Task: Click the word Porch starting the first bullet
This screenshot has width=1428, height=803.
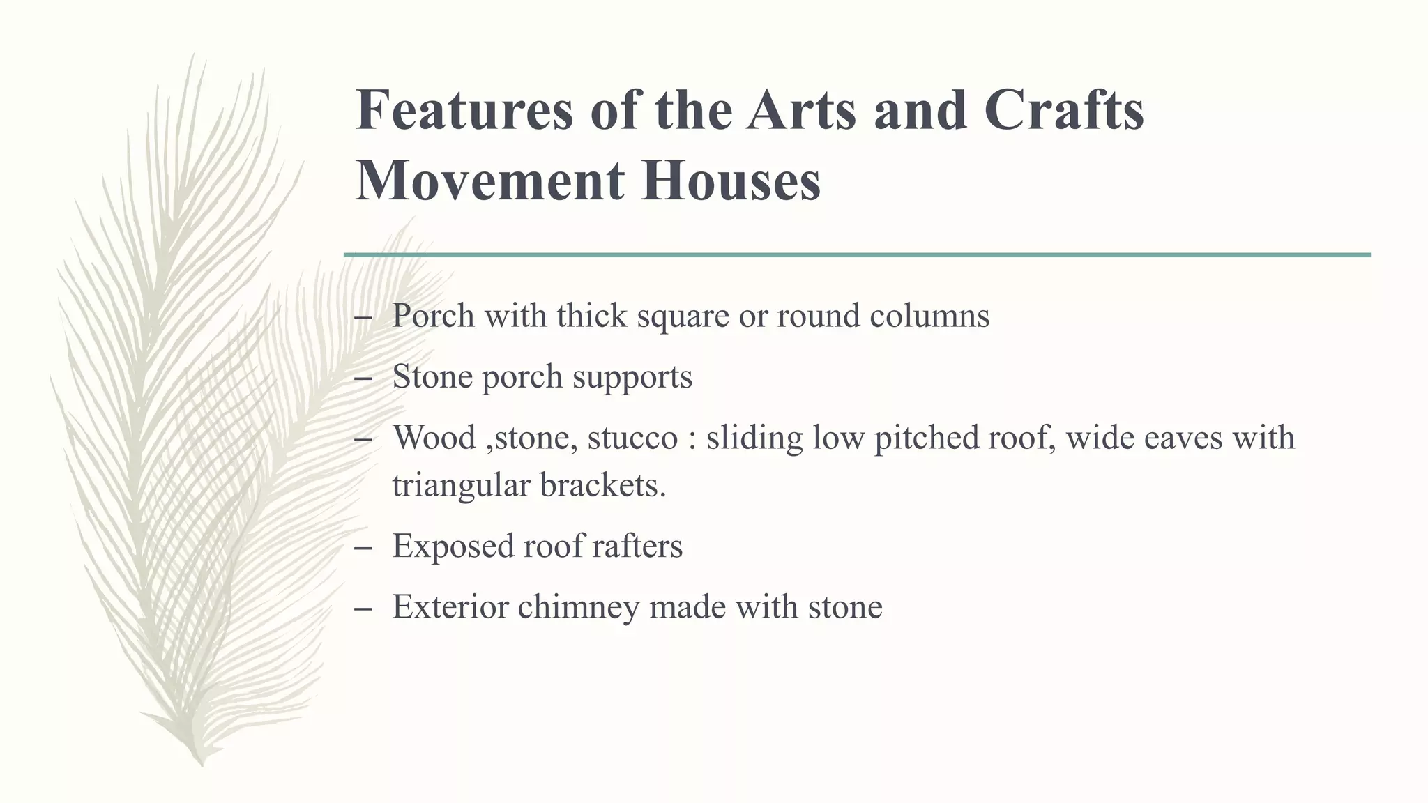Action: (x=433, y=316)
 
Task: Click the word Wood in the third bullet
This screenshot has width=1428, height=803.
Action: (x=434, y=438)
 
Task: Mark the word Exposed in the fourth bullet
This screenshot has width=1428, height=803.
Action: (x=453, y=546)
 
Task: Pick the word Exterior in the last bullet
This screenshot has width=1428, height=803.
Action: (x=450, y=606)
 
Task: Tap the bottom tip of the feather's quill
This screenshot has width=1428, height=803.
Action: (x=202, y=765)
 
